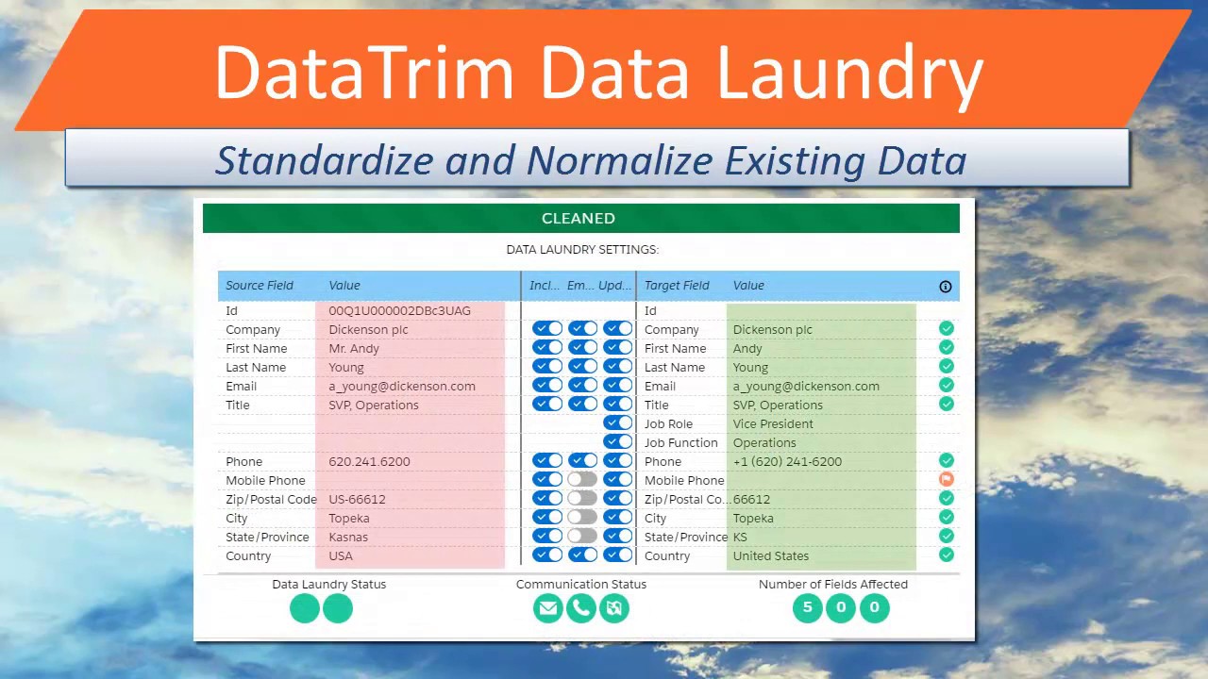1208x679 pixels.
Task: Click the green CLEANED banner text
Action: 578,218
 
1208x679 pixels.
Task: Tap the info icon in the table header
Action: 945,287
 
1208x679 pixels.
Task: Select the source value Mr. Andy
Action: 354,349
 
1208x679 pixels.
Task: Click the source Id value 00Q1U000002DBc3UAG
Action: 399,311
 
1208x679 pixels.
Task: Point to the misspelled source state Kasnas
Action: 348,538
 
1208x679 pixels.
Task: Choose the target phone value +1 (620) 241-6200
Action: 787,462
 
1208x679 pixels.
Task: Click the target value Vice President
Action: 772,424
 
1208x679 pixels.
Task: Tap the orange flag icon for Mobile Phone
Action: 946,480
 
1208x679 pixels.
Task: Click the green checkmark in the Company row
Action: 946,329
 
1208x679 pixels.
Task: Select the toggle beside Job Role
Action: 618,423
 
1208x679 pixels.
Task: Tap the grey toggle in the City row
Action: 582,517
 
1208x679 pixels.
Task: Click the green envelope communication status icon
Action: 547,608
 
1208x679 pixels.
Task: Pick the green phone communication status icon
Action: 581,608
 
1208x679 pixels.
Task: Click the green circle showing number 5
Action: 807,608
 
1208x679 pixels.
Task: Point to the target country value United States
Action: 770,556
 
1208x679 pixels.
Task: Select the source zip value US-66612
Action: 357,500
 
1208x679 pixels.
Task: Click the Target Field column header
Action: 677,286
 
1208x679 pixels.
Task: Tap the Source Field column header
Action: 260,286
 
